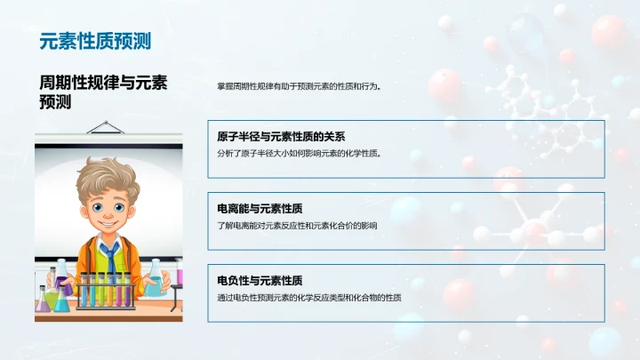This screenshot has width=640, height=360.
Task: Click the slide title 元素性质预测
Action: point(95,41)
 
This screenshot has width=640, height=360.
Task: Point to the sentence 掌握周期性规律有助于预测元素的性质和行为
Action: point(299,87)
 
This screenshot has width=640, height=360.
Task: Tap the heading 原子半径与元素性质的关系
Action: point(281,137)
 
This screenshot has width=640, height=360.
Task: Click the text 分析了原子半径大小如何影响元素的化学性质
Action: point(299,153)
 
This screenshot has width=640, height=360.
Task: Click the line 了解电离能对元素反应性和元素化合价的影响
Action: point(297,226)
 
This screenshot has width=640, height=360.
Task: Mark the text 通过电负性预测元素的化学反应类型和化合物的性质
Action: point(308,298)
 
